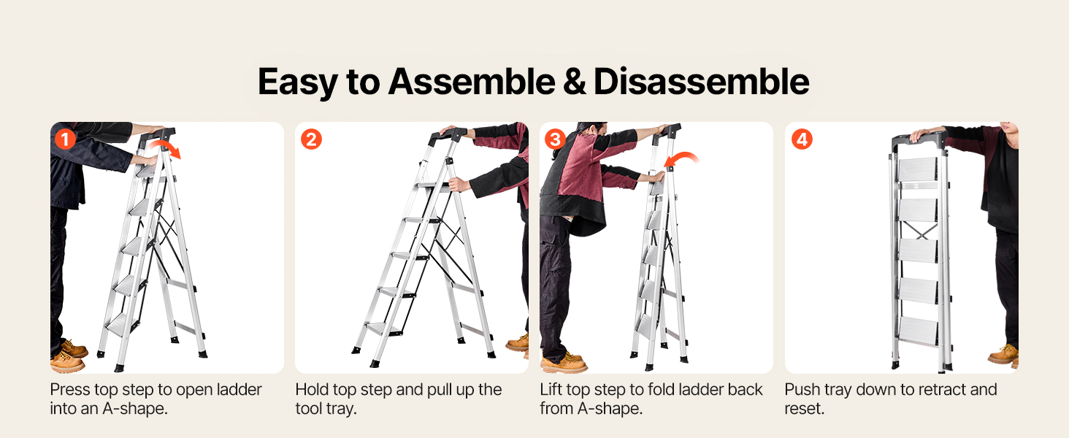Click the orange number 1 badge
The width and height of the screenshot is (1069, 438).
(x=66, y=139)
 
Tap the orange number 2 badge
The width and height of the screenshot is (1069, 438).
(x=311, y=139)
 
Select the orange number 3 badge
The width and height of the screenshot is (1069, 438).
(x=556, y=139)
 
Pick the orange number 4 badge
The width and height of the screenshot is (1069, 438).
(x=802, y=139)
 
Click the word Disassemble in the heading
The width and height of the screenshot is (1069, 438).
(x=701, y=82)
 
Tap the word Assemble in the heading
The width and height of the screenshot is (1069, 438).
(x=472, y=82)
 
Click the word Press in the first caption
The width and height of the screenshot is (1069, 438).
(x=71, y=390)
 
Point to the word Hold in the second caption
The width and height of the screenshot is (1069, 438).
(x=312, y=390)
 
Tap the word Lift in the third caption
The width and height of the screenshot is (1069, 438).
(x=551, y=390)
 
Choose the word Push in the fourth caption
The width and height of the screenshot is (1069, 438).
(x=802, y=390)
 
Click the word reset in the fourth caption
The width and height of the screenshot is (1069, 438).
(x=804, y=409)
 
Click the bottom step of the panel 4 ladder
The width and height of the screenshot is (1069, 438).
(x=918, y=330)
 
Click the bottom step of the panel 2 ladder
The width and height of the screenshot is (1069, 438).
(x=384, y=328)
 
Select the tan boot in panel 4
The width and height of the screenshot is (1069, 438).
(x=1004, y=355)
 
